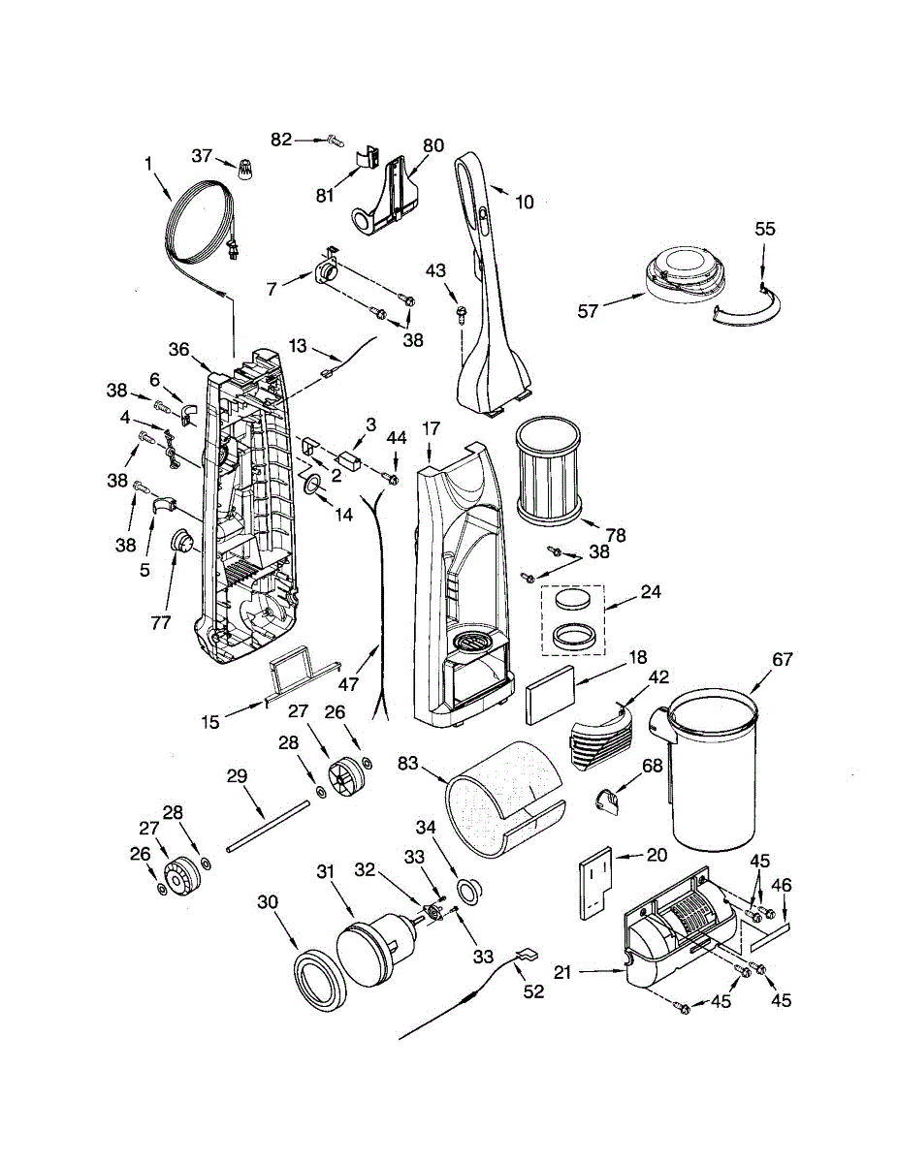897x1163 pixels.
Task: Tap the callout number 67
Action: (782, 660)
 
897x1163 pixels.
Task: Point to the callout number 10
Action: (524, 203)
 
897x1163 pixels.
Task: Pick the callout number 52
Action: (533, 991)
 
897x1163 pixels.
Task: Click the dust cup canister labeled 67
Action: (715, 766)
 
